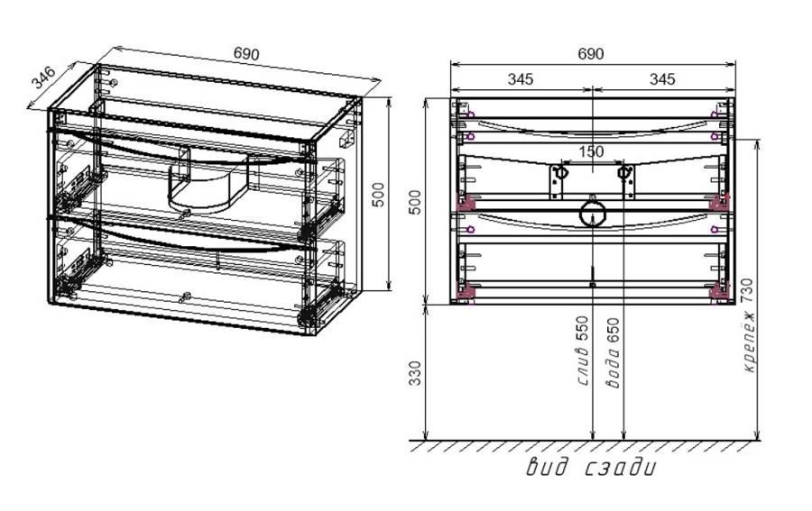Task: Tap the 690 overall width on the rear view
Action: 590,54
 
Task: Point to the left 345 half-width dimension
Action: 520,79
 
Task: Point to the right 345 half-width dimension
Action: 661,79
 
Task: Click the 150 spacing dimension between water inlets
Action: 591,151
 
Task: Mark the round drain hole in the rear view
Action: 591,214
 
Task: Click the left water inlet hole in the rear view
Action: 560,170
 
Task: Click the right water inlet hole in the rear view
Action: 623,170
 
